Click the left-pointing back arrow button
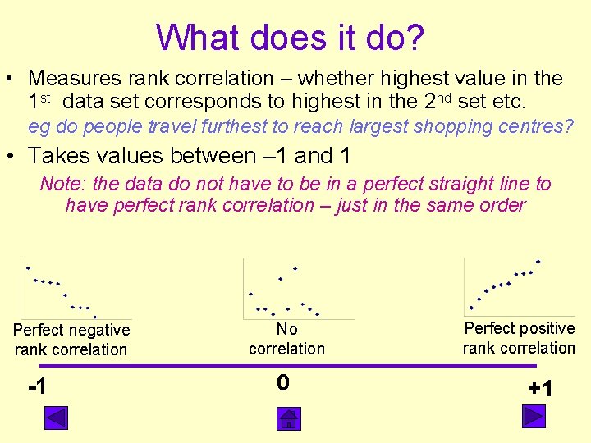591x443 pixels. [56, 418]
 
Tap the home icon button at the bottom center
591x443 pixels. [288, 418]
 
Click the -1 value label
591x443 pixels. [36, 386]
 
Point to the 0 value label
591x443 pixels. [282, 383]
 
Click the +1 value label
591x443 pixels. [540, 388]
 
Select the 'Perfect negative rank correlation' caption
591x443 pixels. [71, 340]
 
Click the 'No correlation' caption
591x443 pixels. [286, 339]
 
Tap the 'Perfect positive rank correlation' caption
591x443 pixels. [519, 338]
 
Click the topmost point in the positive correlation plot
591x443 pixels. [538, 262]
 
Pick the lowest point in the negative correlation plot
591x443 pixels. [95, 317]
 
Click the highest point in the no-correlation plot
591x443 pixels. [295, 269]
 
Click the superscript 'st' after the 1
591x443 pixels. [46, 98]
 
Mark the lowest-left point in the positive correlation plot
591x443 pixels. [471, 308]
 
